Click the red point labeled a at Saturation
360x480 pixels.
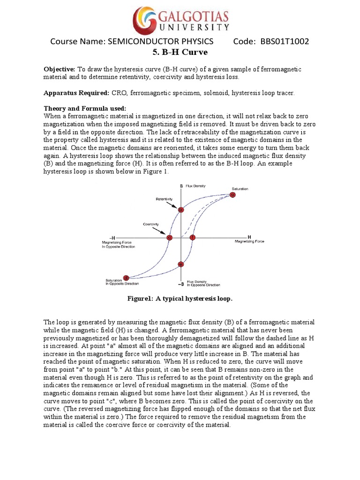pyautogui.click(x=232, y=195)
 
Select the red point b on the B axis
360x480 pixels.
pyautogui.click(x=181, y=210)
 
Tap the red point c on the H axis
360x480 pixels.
pyautogui.click(x=170, y=238)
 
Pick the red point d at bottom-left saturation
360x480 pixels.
pyautogui.click(x=126, y=277)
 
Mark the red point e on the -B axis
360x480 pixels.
pyautogui.click(x=181, y=264)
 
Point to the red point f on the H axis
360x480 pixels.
pyautogui.click(x=192, y=238)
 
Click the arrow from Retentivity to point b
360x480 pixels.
pyautogui.click(x=173, y=205)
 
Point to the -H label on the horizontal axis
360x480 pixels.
pyautogui.click(x=112, y=237)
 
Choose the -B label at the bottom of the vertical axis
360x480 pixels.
pyautogui.click(x=180, y=284)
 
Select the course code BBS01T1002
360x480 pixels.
pyautogui.click(x=281, y=42)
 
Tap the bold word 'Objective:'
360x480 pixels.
pyautogui.click(x=60, y=69)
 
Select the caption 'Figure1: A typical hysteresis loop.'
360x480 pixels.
pyautogui.click(x=180, y=299)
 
